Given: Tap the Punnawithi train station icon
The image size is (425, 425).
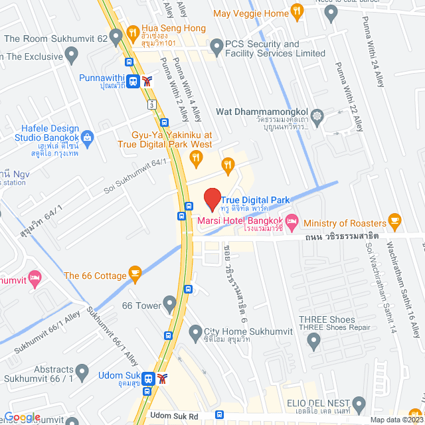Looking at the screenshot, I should [x=134, y=81].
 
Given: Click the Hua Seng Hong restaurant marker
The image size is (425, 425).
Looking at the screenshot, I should [x=133, y=31].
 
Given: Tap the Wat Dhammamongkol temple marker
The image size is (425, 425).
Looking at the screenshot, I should [x=317, y=116].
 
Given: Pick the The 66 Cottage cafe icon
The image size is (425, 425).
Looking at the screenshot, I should [x=135, y=273].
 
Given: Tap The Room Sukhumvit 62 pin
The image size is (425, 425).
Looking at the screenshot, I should [x=118, y=38].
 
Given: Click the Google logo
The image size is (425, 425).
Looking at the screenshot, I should [x=22, y=417].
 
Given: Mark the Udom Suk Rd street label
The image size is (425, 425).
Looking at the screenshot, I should [x=175, y=415].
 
